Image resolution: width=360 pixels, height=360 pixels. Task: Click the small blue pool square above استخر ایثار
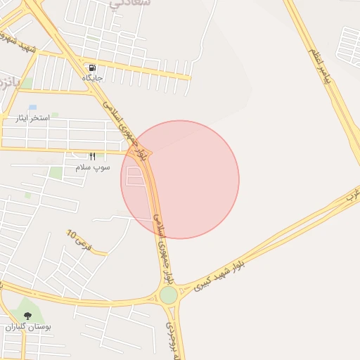click(33, 108)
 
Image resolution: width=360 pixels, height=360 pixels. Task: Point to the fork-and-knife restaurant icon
click(91, 156)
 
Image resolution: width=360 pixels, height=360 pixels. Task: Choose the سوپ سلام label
click(91, 167)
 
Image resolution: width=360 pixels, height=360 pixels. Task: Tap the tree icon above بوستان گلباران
click(28, 316)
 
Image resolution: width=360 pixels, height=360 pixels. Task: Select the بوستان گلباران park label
click(28, 327)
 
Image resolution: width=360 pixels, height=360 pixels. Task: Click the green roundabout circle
click(169, 295)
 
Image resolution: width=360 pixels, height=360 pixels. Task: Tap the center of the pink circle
click(180, 179)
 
